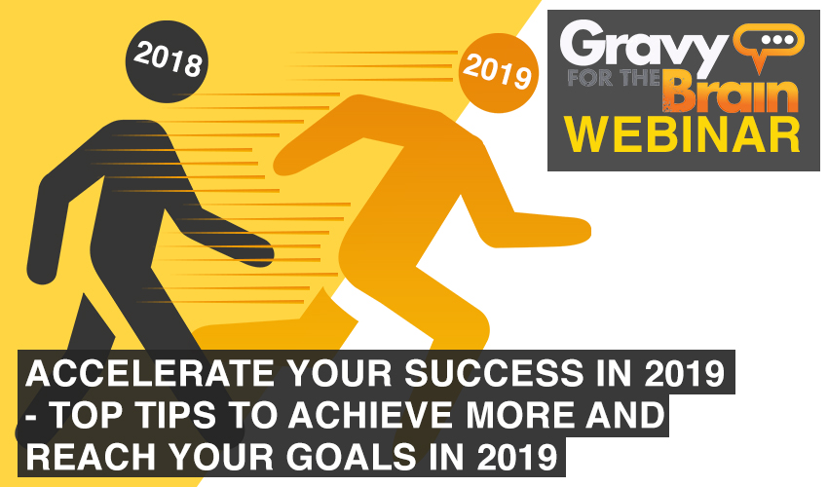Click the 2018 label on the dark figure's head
168,59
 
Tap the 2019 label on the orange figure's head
498,72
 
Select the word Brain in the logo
731,94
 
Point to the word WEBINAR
683,134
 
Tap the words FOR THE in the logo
614,78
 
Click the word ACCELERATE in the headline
149,373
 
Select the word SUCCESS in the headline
494,373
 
